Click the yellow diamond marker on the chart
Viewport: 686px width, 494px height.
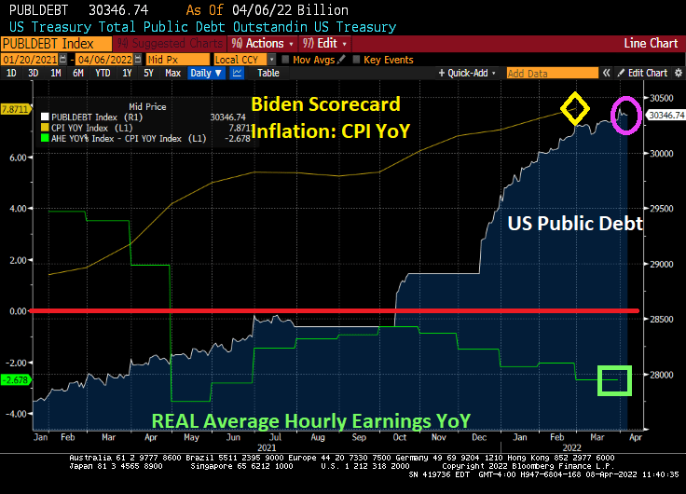click(x=575, y=109)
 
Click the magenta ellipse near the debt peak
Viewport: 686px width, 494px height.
click(x=625, y=115)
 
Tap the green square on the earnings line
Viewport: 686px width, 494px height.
click(x=614, y=380)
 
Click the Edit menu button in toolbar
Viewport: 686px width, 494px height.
click(x=325, y=43)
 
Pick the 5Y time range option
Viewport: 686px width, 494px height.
click(x=148, y=73)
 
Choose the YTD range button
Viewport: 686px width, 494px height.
click(x=103, y=73)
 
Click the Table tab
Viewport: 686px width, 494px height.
click(x=268, y=73)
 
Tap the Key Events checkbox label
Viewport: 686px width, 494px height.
click(x=387, y=59)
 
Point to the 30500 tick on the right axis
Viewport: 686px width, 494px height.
click(x=661, y=98)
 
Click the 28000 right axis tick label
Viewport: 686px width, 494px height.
click(x=661, y=375)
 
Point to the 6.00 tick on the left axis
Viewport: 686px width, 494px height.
click(x=16, y=158)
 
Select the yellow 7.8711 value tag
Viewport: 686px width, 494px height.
click(x=15, y=109)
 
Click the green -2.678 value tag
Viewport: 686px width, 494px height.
click(x=15, y=379)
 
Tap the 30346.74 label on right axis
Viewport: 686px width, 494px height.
click(x=665, y=116)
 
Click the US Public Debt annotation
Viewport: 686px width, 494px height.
click(x=575, y=224)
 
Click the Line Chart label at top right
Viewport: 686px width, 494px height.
click(x=651, y=43)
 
